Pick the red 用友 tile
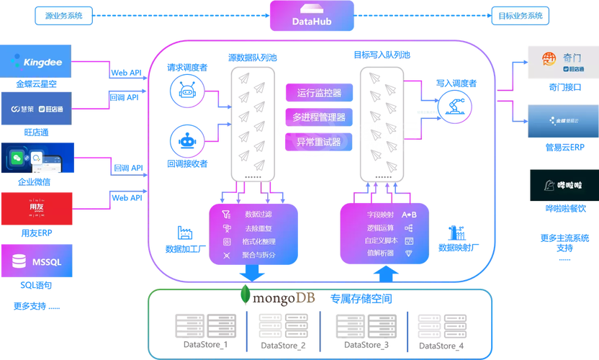(37, 208)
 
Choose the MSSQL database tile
(37, 260)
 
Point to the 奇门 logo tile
(562, 62)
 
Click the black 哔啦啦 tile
(562, 185)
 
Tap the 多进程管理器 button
(318, 117)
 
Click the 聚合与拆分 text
(260, 255)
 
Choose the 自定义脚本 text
(381, 240)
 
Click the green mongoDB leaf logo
(246, 297)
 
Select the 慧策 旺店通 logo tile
(37, 109)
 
